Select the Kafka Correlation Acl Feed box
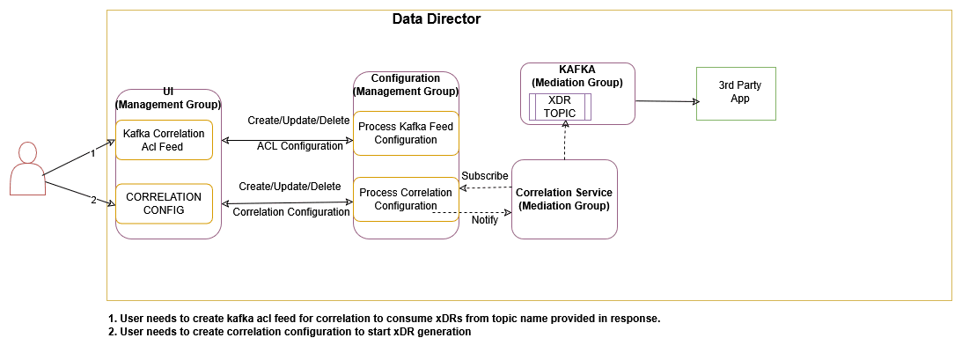click(165, 140)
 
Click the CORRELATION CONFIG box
click(165, 202)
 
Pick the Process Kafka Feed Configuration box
click(405, 133)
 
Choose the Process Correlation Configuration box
click(405, 199)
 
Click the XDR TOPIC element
click(559, 107)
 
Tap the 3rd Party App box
click(735, 92)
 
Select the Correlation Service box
click(563, 199)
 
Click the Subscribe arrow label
click(484, 176)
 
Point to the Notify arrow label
click(484, 220)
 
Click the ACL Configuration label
click(299, 146)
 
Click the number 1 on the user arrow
click(92, 153)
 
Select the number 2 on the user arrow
click(92, 200)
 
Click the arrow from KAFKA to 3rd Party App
click(665, 101)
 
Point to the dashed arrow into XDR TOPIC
click(563, 141)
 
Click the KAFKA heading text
click(576, 70)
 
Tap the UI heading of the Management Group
click(167, 91)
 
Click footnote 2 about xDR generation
click(290, 332)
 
